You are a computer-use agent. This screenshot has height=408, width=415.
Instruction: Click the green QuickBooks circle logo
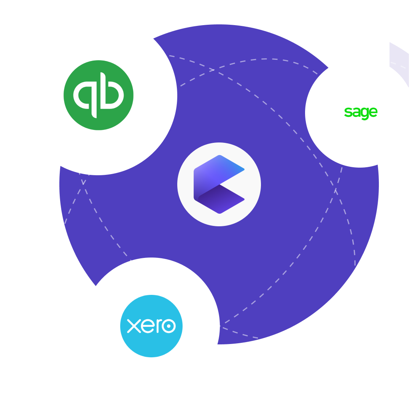[99, 95]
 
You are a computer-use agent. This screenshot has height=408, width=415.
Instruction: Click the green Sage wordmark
[361, 112]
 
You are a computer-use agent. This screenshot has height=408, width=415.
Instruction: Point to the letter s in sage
[348, 112]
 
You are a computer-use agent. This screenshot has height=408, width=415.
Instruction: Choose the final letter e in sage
[374, 112]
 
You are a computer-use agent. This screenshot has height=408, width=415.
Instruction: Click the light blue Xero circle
[151, 326]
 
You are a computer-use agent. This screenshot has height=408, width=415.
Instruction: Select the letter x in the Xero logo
[134, 326]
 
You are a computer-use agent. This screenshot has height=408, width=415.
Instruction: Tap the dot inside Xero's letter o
[169, 326]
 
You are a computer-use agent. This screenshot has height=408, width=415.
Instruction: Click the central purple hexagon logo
[219, 184]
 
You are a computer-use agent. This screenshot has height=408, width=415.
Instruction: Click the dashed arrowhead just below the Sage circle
[335, 190]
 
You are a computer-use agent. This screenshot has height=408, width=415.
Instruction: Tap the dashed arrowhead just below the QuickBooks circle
[83, 181]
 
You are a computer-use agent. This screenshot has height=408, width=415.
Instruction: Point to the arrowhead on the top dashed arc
[212, 70]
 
